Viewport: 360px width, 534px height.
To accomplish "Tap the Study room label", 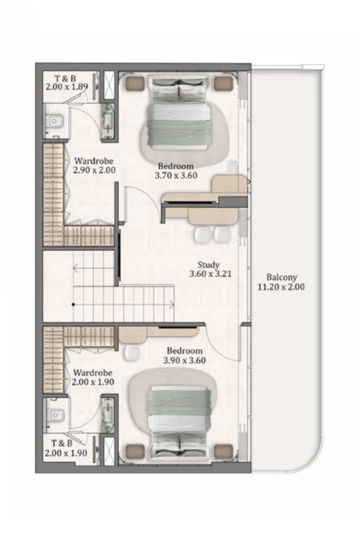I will coord(208,265).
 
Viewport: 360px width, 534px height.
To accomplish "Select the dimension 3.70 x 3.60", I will coord(176,176).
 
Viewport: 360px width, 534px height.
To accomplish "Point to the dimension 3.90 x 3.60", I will coord(184,360).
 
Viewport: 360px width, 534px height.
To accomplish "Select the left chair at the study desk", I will coord(202,235).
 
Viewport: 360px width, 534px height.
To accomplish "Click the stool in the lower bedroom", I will coord(133,353).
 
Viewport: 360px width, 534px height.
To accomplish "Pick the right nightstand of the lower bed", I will coord(223,449).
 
